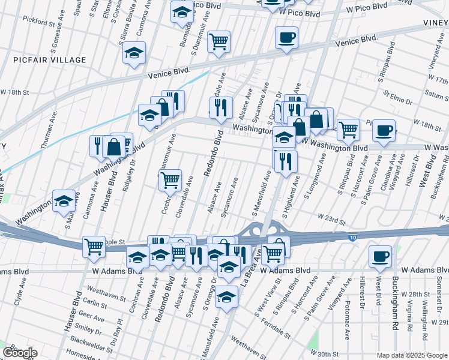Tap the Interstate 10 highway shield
(351, 238)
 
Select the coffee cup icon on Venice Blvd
(286, 38)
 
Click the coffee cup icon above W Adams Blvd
(379, 256)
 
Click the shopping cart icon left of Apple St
(94, 246)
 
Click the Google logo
(20, 353)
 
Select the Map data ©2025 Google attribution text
(411, 355)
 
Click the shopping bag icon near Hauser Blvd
(113, 146)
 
